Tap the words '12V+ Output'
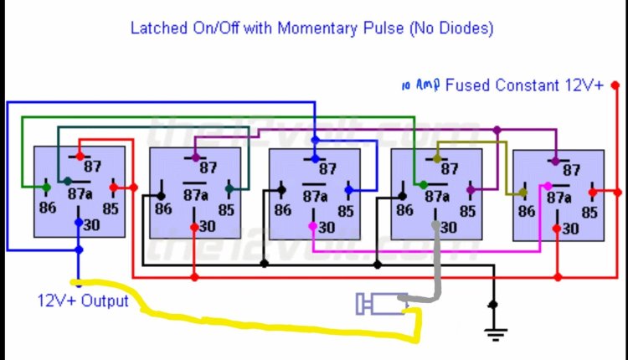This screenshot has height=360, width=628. pyautogui.click(x=83, y=301)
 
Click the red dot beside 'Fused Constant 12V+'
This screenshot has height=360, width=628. pyautogui.click(x=615, y=85)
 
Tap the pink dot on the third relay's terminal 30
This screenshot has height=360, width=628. pyautogui.click(x=313, y=226)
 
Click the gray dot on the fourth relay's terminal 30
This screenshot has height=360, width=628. pyautogui.click(x=435, y=225)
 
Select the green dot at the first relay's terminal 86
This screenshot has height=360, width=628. pyautogui.click(x=46, y=187)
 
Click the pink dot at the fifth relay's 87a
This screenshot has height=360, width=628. pyautogui.click(x=548, y=186)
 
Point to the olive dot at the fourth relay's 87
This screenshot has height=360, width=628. pyautogui.click(x=437, y=159)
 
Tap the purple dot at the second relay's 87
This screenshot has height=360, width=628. pyautogui.click(x=195, y=157)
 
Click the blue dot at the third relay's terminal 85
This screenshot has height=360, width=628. pyautogui.click(x=349, y=190)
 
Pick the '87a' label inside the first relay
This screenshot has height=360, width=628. pyautogui.click(x=80, y=194)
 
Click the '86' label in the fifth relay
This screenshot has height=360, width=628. pyautogui.click(x=527, y=211)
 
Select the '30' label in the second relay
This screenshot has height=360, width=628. pyautogui.click(x=207, y=227)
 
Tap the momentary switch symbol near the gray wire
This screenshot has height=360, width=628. pyautogui.click(x=382, y=304)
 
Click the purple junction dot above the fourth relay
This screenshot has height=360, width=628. pyautogui.click(x=497, y=130)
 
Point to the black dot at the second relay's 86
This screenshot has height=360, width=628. pyautogui.click(x=161, y=196)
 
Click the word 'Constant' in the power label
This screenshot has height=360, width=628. pyautogui.click(x=527, y=85)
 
